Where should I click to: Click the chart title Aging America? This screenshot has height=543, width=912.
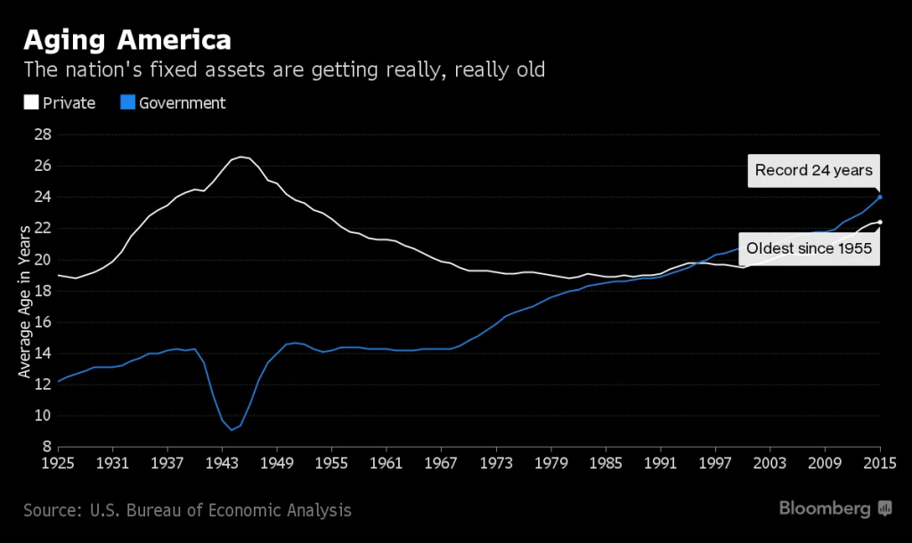click(127, 40)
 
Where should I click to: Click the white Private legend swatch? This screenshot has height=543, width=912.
click(30, 103)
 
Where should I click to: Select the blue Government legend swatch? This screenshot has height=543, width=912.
click(127, 103)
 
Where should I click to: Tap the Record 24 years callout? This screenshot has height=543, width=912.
click(813, 170)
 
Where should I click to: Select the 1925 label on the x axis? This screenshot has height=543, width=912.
click(58, 464)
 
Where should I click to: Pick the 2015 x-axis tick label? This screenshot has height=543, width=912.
click(880, 464)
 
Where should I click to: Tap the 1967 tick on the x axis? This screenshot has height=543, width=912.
click(441, 464)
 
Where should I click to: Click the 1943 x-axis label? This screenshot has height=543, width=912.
click(223, 464)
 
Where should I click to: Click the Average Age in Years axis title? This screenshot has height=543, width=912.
click(26, 300)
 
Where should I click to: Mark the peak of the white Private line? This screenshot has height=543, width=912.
click(240, 157)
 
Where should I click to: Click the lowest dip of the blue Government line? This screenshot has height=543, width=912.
click(232, 430)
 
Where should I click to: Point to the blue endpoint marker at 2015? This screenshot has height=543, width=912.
click(880, 197)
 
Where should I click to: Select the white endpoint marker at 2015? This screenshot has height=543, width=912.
click(880, 222)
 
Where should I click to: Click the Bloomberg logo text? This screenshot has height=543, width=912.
click(825, 509)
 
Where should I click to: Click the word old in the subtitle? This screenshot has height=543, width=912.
click(525, 69)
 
